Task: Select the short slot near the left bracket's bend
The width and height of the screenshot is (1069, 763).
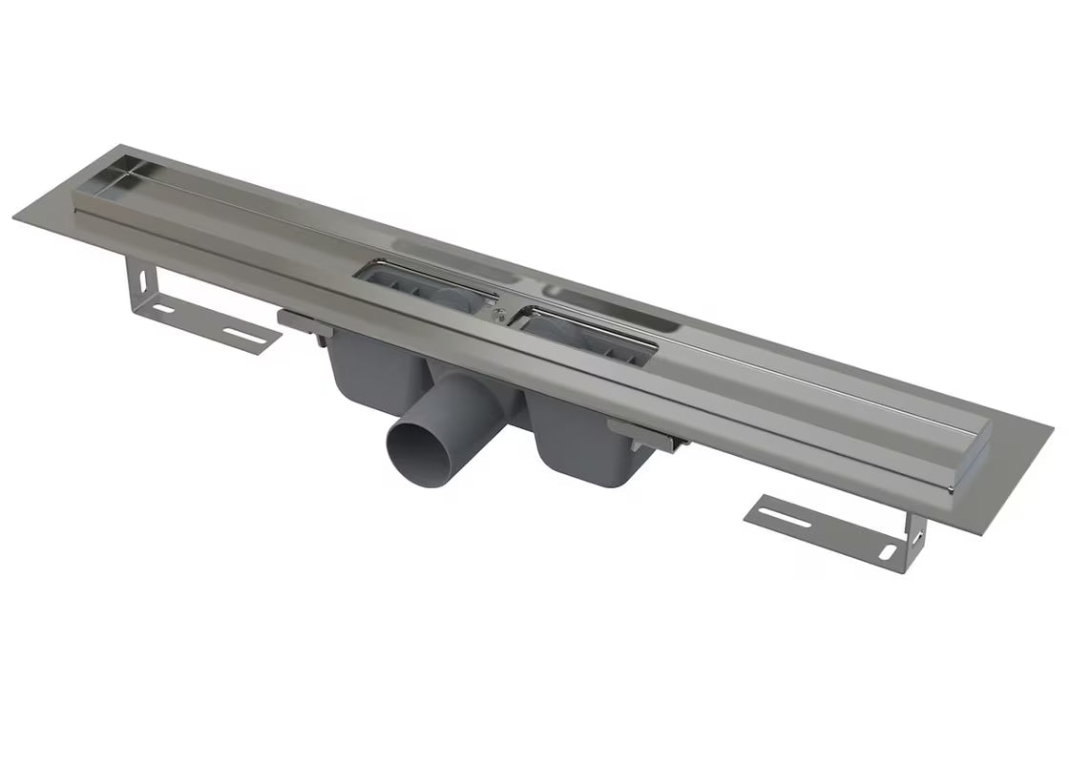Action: pyautogui.click(x=163, y=309)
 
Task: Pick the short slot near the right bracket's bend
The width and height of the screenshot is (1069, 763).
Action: pyautogui.click(x=883, y=553)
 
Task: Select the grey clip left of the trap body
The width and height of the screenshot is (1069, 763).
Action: pyautogui.click(x=304, y=320)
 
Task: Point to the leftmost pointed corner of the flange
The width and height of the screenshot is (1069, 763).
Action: pyautogui.click(x=15, y=218)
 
